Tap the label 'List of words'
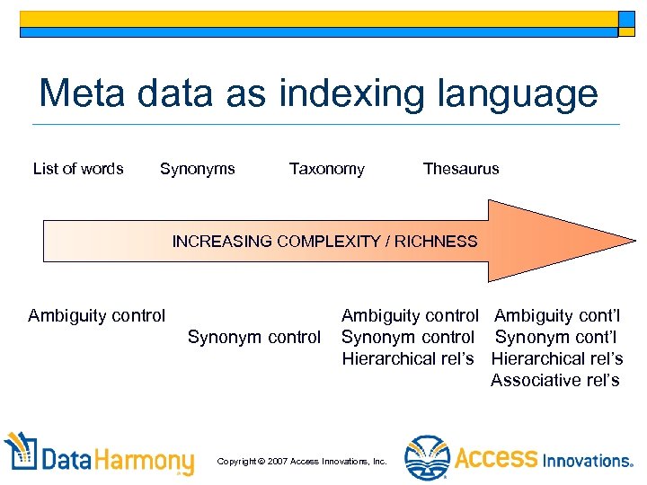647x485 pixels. pyautogui.click(x=78, y=169)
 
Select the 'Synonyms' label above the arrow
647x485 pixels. pyautogui.click(x=197, y=169)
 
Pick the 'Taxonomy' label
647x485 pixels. pyautogui.click(x=326, y=169)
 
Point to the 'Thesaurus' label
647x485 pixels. pyautogui.click(x=461, y=169)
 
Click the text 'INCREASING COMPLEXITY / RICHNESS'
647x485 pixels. pyautogui.click(x=324, y=242)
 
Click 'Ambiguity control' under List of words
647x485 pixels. pyautogui.click(x=97, y=315)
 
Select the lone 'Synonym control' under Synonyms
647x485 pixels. pyautogui.click(x=253, y=338)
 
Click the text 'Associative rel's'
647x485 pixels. pyautogui.click(x=555, y=380)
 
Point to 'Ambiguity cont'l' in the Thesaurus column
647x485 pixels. pyautogui.click(x=557, y=315)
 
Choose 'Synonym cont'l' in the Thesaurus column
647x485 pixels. pyautogui.click(x=556, y=337)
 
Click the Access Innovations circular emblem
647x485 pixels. pyautogui.click(x=426, y=458)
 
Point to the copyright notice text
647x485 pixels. pyautogui.click(x=302, y=461)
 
